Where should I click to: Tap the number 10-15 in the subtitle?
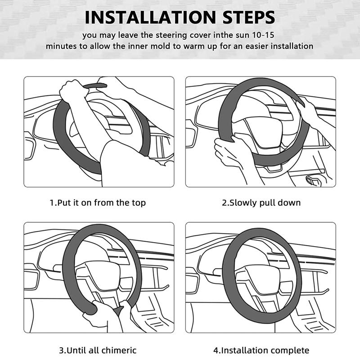click(x=266, y=35)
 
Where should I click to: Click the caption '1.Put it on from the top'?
click(x=98, y=202)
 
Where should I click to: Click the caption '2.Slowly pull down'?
click(x=261, y=202)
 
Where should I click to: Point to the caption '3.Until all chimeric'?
click(x=98, y=350)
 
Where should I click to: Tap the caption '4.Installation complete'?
click(x=261, y=350)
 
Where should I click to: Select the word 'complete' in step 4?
click(x=291, y=350)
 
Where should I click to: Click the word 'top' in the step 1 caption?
click(x=138, y=202)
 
